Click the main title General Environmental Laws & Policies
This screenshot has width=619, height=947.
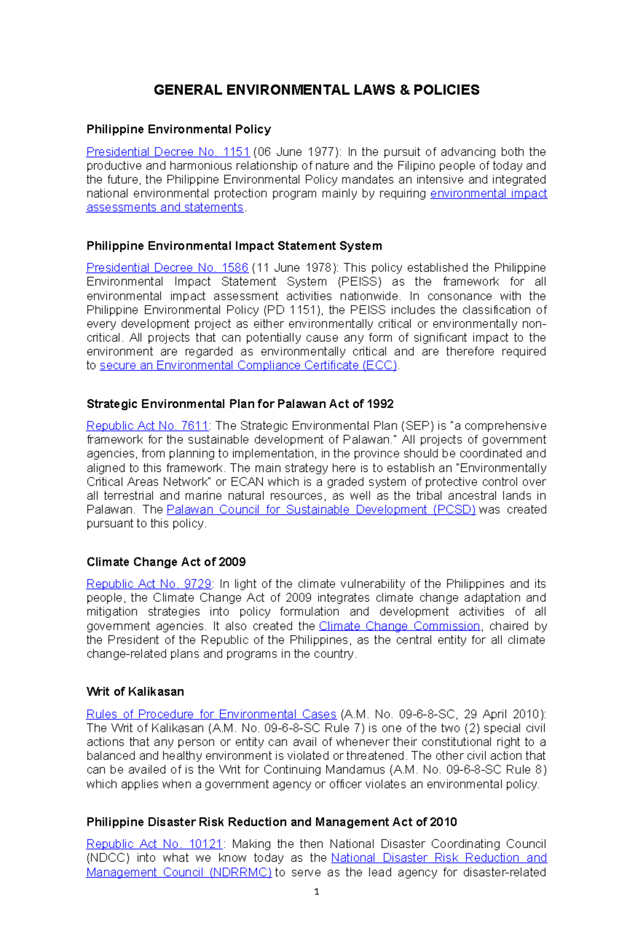(x=316, y=90)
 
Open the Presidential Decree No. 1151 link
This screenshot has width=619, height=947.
(x=168, y=152)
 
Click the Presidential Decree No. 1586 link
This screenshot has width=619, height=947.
(x=167, y=268)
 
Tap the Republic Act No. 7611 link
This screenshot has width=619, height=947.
(x=147, y=426)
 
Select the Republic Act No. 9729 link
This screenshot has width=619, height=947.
(x=149, y=584)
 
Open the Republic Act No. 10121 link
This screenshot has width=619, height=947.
(x=154, y=844)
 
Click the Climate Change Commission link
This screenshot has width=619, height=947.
(x=399, y=626)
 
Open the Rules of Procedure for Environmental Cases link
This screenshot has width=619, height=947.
(x=211, y=714)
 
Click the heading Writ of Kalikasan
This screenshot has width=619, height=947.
(x=135, y=692)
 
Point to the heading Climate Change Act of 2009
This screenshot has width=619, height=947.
(x=166, y=562)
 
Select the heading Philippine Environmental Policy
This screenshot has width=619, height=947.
(x=178, y=129)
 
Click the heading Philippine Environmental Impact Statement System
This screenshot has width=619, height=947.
(x=234, y=246)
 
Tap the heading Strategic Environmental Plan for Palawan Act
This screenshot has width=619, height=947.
(x=240, y=404)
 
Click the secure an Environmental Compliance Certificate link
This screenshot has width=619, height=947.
(x=248, y=365)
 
